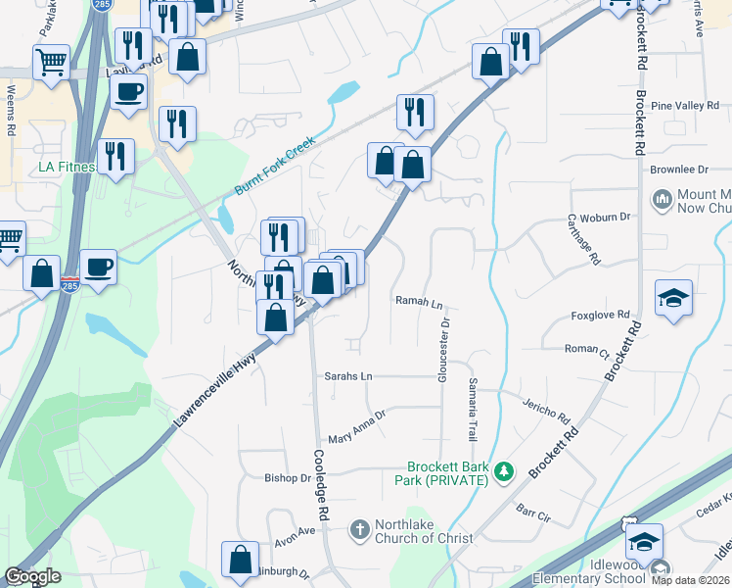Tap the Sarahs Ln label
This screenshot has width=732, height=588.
click(349, 376)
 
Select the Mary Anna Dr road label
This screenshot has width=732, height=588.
click(357, 426)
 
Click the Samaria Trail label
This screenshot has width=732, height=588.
click(475, 409)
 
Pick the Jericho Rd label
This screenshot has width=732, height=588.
click(546, 408)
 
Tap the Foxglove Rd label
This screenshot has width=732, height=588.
click(595, 317)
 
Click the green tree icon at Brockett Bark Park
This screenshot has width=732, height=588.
click(504, 472)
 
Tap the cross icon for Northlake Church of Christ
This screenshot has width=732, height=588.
click(359, 530)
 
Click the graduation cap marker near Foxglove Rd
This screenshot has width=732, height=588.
click(673, 298)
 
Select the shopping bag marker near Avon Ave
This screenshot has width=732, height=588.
click(241, 561)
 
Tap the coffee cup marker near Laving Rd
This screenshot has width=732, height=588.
click(128, 93)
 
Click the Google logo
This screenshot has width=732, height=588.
click(31, 577)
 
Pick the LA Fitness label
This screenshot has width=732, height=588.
click(67, 167)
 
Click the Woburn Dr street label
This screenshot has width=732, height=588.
click(605, 218)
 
